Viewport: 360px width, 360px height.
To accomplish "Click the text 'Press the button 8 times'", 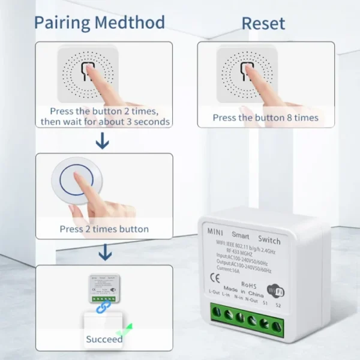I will pos(265,118).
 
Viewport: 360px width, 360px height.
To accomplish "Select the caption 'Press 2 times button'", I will pos(104,229).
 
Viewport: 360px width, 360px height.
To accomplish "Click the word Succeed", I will pos(104,339).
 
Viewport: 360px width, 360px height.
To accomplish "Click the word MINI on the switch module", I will pos(215,231).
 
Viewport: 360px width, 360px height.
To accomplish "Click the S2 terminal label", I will pos(278,305).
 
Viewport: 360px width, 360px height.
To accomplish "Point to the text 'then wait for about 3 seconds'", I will pos(105,122).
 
